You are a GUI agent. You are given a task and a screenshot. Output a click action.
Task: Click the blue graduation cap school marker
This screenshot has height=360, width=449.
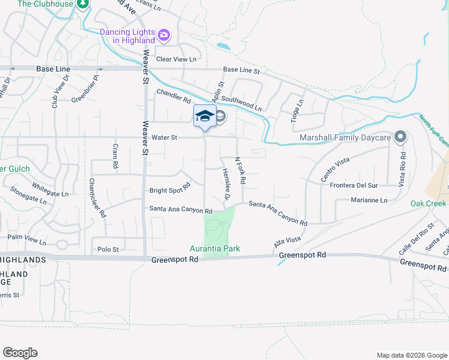[205, 116]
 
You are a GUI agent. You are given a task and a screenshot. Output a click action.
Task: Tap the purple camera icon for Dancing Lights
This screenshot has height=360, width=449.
[163, 36]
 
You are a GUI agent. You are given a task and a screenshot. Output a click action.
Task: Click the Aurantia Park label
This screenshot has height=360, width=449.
[214, 248]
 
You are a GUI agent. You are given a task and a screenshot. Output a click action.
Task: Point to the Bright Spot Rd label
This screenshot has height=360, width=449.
[169, 191]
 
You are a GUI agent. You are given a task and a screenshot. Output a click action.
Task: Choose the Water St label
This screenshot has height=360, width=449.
[165, 137]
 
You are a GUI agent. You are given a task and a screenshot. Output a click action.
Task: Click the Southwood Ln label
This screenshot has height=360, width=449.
[241, 103]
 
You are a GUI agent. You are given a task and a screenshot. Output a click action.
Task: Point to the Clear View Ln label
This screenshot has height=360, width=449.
[176, 59]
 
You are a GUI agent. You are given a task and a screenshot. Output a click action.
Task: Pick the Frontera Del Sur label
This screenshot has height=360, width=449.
[355, 185]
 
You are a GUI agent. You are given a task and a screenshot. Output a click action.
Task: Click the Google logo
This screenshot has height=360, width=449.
[20, 353]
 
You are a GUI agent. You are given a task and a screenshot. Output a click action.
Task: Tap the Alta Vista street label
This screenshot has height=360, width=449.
[287, 243]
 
